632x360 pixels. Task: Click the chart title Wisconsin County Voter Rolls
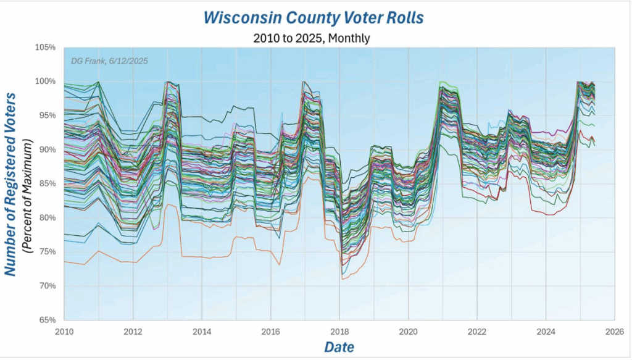click(x=314, y=17)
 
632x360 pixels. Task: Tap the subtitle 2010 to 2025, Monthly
click(x=311, y=38)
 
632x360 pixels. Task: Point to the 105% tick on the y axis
click(x=46, y=48)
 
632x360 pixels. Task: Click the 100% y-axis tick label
click(x=46, y=82)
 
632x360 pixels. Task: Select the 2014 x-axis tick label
click(x=201, y=332)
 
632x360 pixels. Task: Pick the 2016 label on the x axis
click(x=270, y=332)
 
